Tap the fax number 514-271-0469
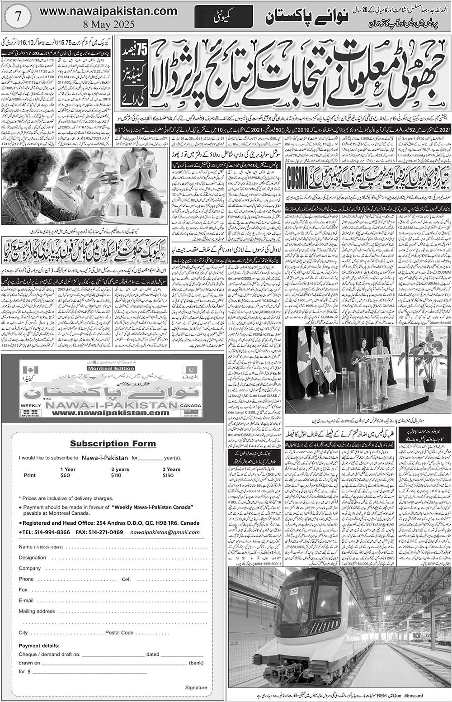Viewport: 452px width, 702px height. [106, 520]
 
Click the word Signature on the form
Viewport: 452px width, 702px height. [196, 688]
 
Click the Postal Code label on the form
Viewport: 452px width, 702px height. [119, 632]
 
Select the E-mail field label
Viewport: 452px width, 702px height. [26, 601]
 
